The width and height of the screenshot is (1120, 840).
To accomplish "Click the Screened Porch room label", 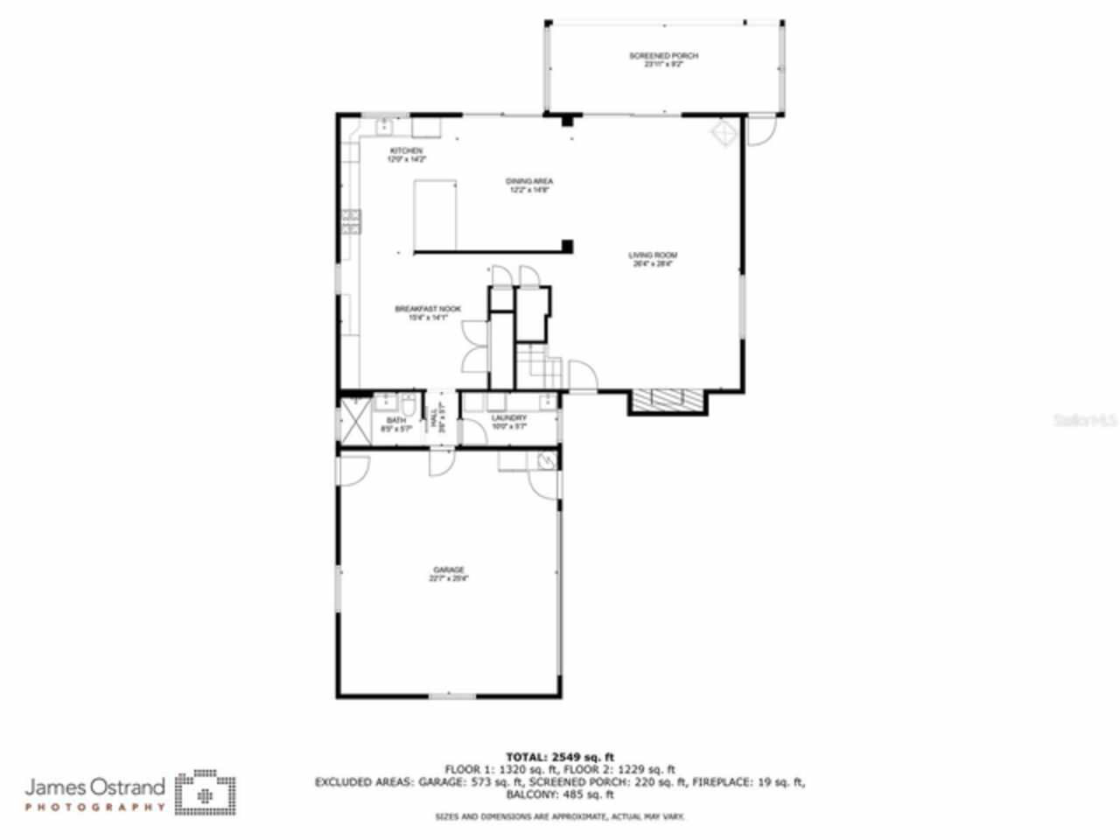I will [x=663, y=56].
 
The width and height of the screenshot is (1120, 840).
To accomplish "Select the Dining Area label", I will [x=529, y=181].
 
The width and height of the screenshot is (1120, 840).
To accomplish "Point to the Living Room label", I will [x=653, y=255].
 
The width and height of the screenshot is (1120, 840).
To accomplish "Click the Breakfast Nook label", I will [x=428, y=309].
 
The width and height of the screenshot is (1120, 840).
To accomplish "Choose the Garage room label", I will [x=448, y=570].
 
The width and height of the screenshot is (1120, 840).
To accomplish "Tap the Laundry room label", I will [x=508, y=418].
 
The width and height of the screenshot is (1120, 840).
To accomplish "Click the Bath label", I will [x=395, y=421].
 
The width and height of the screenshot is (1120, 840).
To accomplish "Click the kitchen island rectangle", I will [x=436, y=215].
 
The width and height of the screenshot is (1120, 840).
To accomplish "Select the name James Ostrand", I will [x=94, y=787].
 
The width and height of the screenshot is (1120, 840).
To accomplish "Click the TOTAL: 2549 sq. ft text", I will [x=560, y=756].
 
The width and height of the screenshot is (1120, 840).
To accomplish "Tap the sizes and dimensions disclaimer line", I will [x=560, y=816].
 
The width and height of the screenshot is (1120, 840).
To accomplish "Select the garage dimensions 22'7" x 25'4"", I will [x=448, y=578].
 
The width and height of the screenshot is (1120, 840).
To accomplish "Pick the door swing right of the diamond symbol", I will [x=759, y=132].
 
